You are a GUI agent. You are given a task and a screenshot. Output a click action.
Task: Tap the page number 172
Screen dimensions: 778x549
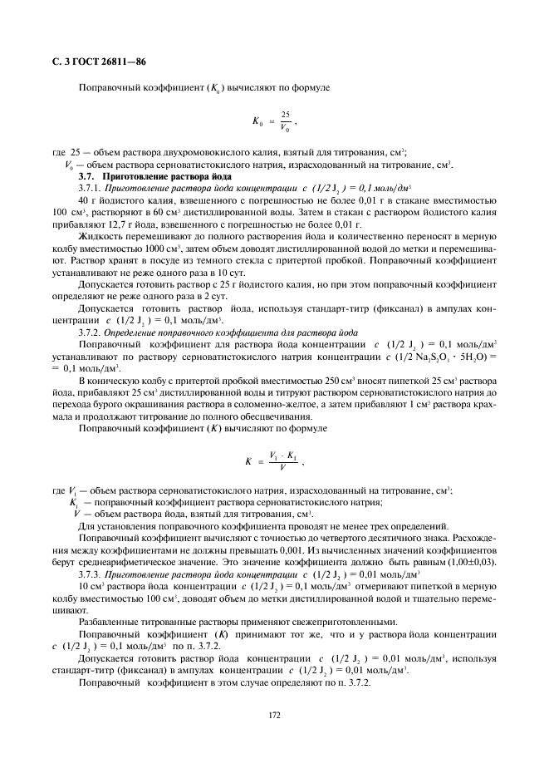click(274, 713)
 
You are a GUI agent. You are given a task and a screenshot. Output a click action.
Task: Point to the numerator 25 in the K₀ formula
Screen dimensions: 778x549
click(286, 114)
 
